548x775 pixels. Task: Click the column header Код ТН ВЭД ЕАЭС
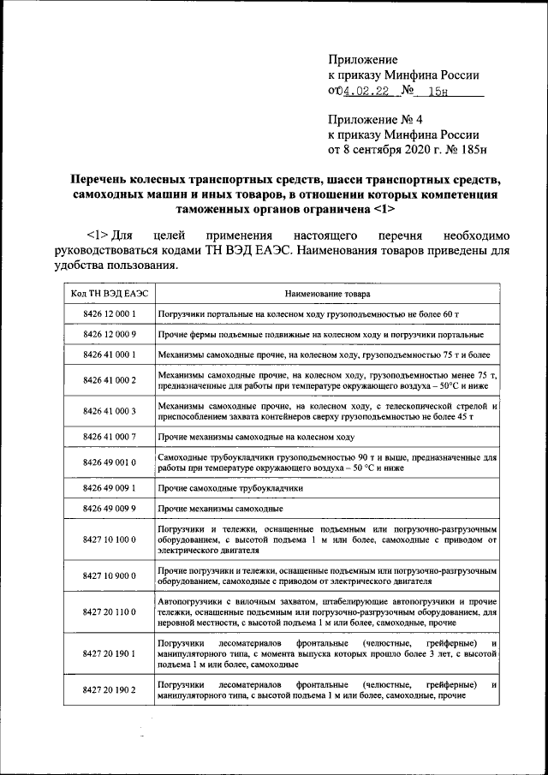point(104,294)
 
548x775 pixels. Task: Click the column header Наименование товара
point(328,294)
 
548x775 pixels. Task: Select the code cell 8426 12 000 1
point(104,314)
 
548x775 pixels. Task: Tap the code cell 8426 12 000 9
point(104,334)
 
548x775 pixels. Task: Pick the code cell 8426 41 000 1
point(104,354)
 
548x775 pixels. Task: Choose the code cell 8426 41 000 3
point(104,411)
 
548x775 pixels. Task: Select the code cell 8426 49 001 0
point(104,462)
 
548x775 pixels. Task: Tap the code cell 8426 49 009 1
point(104,488)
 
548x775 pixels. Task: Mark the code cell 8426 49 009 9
point(104,509)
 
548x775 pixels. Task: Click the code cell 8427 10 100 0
point(104,540)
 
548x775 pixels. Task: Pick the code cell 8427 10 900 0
point(104,576)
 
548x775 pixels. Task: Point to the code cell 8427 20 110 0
point(104,614)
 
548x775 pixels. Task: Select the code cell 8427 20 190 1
point(104,653)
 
